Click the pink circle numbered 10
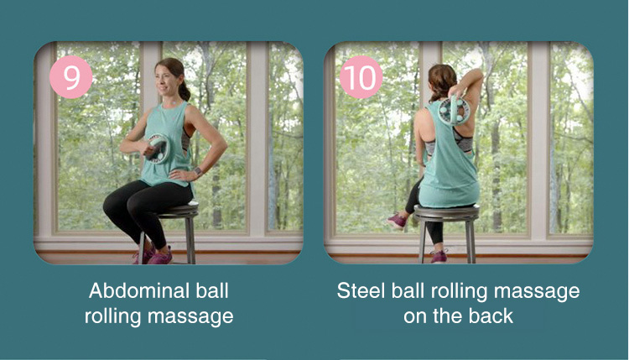361,76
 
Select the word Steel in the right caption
359,292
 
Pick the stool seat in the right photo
446,211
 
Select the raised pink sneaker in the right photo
397,220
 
